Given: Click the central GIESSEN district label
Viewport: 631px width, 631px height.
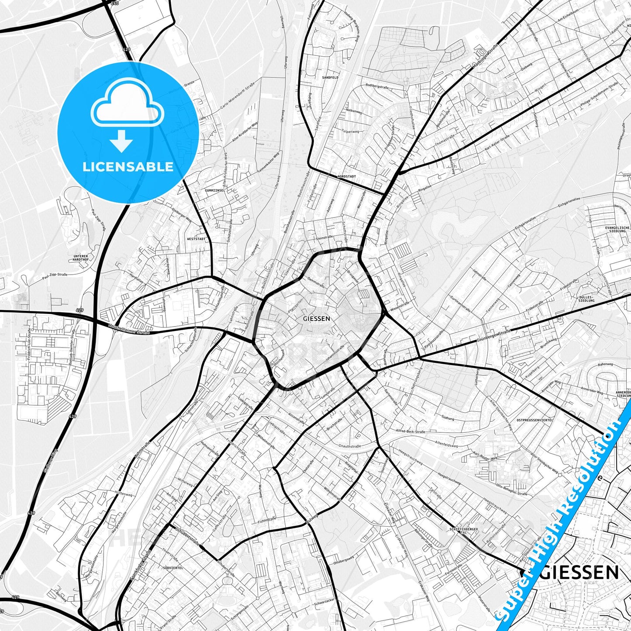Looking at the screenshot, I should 316,319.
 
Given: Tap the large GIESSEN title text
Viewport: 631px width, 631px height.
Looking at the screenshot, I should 582,572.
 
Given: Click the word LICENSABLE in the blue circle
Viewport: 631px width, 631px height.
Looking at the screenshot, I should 128,167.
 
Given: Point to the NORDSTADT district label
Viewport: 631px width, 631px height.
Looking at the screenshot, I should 347,176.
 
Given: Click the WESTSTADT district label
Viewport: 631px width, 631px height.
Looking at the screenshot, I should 196,239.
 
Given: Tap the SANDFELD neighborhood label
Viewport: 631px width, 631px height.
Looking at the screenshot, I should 330,77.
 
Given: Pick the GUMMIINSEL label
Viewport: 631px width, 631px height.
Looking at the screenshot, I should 215,191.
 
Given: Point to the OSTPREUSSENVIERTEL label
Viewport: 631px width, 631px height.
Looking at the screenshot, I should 534,420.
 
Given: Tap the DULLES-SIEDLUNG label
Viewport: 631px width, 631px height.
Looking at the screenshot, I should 586,299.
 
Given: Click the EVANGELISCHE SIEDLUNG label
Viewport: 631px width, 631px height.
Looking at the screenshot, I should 617,229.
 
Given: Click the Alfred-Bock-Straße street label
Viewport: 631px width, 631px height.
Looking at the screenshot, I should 410,431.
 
